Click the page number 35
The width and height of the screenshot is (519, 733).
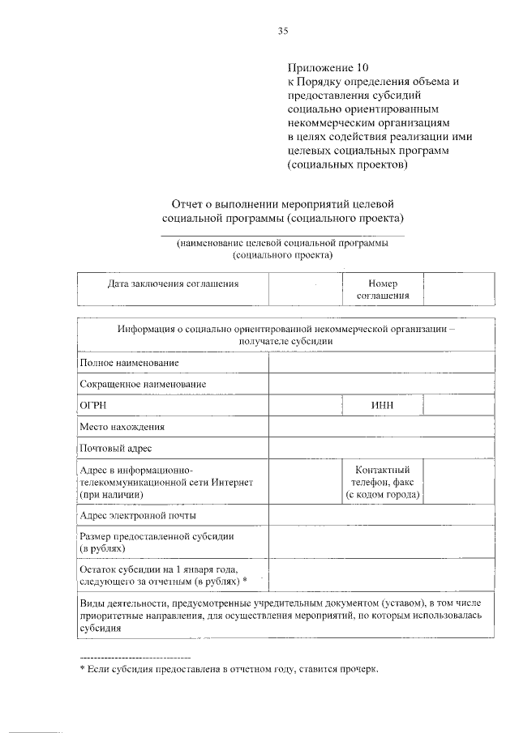pos(283,32)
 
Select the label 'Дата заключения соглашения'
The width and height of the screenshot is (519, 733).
pos(173,284)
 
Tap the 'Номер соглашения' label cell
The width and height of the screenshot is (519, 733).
pos(383,290)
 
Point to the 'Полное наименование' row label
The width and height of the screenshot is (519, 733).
pos(129,363)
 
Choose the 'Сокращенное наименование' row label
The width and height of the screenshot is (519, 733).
pos(143,384)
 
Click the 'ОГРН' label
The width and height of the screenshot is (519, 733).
pos(93,405)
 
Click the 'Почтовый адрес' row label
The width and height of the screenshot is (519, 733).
pos(115,448)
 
